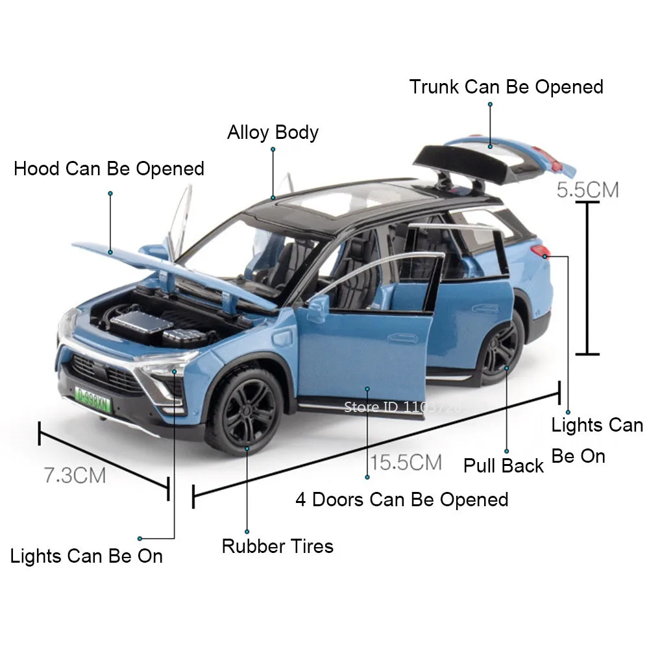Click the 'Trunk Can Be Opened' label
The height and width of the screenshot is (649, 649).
click(x=506, y=87)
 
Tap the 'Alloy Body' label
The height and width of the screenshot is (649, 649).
click(x=273, y=132)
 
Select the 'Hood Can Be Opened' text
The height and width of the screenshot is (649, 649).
click(x=109, y=169)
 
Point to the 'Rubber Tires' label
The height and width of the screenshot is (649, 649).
click(x=277, y=546)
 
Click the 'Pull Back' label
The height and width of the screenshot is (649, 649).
click(x=503, y=465)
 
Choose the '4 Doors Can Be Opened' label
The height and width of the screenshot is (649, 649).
click(x=402, y=500)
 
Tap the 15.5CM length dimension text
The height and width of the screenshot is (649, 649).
click(x=406, y=463)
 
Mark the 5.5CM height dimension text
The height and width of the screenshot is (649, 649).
click(x=588, y=190)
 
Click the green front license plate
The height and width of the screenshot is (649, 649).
click(x=93, y=397)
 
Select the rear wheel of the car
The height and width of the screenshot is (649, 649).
click(x=500, y=349)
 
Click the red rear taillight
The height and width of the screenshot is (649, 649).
click(x=540, y=251)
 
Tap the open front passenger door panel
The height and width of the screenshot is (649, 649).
click(x=363, y=350)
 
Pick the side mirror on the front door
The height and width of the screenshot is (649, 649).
click(x=318, y=307)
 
